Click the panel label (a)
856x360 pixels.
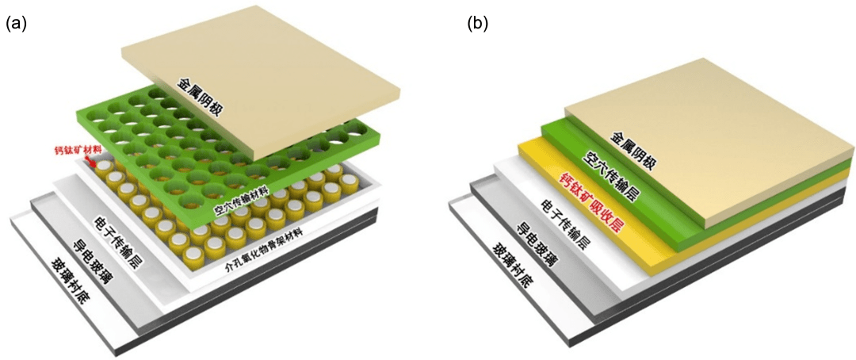tap(16, 24)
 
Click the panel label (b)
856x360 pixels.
tap(478, 24)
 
